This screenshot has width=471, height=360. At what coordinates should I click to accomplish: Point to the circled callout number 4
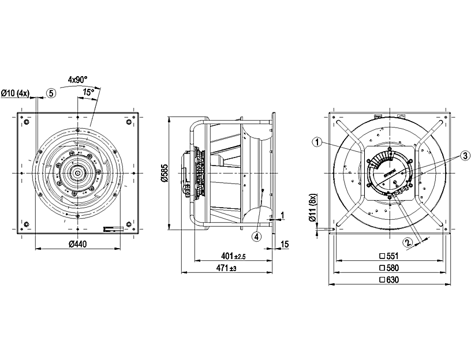256,235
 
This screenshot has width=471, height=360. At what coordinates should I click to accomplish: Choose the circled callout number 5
51,93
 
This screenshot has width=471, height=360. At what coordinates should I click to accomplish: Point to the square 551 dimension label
389,256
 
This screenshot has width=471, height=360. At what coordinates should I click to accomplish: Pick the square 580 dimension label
389,268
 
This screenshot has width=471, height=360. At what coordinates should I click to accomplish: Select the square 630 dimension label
389,280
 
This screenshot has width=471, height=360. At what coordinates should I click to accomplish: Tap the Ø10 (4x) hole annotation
16,93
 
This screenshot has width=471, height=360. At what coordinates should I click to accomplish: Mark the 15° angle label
88,92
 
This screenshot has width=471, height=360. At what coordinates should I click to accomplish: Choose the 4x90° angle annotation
77,78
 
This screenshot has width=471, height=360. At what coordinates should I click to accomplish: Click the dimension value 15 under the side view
284,245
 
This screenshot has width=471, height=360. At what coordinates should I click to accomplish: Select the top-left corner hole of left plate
25,122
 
